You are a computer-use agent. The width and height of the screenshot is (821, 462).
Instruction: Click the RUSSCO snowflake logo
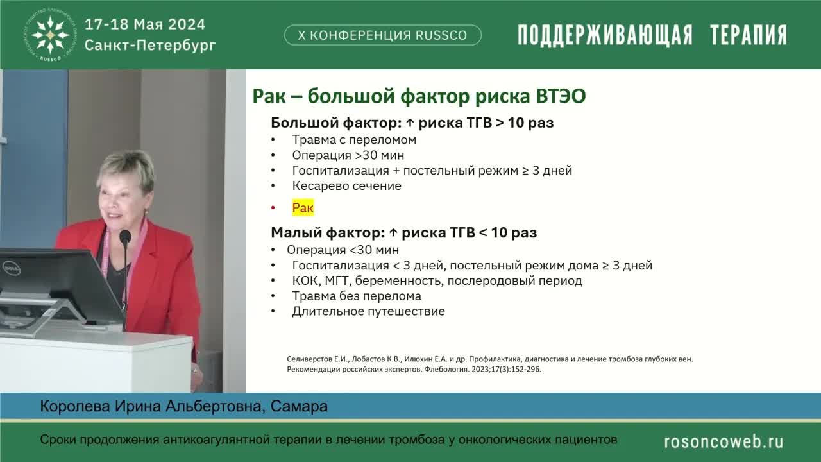51,34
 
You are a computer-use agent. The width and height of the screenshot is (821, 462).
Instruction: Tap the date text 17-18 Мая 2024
145,24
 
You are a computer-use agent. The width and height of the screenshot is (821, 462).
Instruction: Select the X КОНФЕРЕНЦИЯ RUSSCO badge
382,35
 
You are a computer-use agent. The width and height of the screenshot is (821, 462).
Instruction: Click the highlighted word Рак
303,208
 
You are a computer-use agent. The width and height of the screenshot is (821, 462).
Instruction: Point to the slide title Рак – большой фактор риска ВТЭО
419,96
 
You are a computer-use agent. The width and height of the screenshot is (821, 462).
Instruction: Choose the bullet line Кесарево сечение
346,186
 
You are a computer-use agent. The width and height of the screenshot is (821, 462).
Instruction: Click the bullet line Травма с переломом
354,140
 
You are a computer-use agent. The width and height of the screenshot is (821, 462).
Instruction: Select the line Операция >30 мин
348,155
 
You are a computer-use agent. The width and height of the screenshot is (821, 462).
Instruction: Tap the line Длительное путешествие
368,312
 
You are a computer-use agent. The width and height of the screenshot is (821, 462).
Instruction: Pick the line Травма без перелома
357,296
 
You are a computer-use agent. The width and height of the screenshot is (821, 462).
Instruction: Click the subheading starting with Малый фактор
403,232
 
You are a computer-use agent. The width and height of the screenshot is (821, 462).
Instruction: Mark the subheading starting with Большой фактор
412,123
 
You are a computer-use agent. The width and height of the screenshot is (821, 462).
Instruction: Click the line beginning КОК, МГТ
437,281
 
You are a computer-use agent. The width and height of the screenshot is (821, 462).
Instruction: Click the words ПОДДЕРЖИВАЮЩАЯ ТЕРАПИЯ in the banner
652,35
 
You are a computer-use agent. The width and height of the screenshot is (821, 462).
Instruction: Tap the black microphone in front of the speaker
125,237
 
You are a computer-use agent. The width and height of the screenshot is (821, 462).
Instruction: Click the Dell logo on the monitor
11,268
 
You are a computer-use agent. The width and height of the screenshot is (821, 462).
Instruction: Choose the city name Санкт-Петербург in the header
150,46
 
